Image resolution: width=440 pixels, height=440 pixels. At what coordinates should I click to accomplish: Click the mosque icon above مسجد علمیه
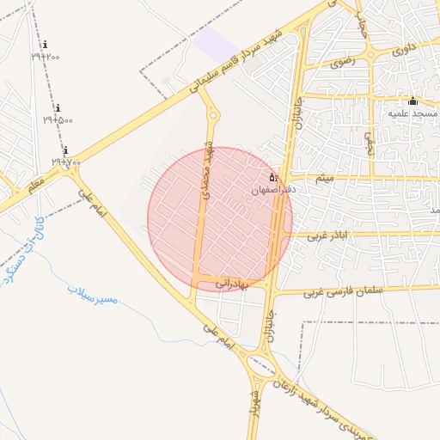pyautogui.click(x=412, y=101)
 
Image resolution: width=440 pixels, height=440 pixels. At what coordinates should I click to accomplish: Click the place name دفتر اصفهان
pyautogui.click(x=280, y=187)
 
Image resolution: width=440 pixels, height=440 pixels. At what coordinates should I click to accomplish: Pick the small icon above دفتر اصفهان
pyautogui.click(x=273, y=176)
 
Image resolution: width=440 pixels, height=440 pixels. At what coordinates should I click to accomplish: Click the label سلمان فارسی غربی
pyautogui.click(x=345, y=291)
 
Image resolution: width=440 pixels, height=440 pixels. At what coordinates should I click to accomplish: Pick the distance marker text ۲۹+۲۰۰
pyautogui.click(x=46, y=57)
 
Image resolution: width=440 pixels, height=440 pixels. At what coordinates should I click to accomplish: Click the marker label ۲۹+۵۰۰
pyautogui.click(x=58, y=120)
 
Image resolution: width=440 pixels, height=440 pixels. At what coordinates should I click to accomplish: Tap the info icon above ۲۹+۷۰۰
pyautogui.click(x=65, y=150)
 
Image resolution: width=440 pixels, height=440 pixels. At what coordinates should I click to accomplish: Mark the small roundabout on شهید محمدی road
pyautogui.click(x=213, y=115)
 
